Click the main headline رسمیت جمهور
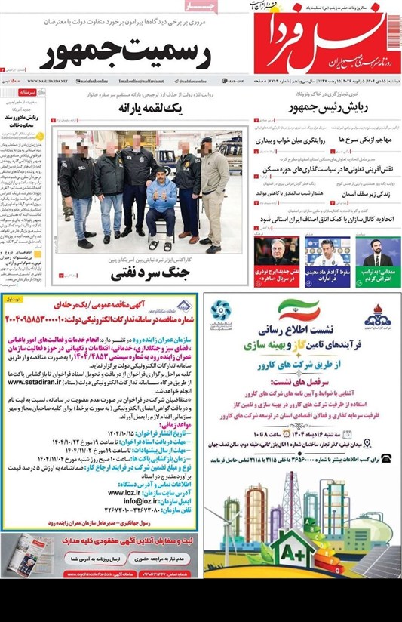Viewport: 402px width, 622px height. click(x=125, y=53)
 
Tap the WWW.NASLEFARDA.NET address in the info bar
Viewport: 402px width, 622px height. click(x=48, y=81)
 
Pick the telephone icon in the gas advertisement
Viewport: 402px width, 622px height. click(x=387, y=458)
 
